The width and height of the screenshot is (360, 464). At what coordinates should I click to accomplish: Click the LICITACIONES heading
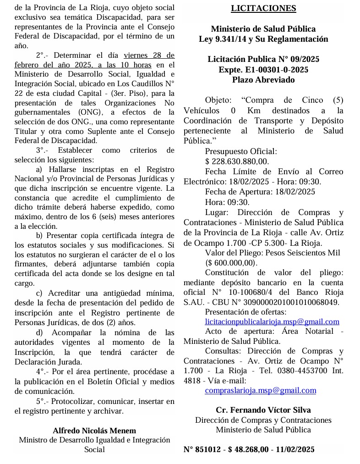click(x=263, y=8)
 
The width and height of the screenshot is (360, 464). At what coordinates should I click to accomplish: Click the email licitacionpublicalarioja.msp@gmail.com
click(x=272, y=321)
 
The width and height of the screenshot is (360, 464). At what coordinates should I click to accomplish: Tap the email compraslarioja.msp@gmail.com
click(x=261, y=390)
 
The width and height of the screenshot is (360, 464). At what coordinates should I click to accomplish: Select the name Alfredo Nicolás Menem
click(x=94, y=431)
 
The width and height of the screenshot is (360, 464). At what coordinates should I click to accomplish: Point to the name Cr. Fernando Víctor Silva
click(x=263, y=410)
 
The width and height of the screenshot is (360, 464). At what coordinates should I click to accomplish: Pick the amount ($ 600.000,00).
click(x=231, y=263)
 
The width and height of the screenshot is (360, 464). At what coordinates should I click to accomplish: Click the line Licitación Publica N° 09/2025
click(x=263, y=60)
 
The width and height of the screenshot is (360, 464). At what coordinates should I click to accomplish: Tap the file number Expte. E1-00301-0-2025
click(x=263, y=70)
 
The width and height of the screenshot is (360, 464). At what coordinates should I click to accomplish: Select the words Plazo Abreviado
click(x=263, y=80)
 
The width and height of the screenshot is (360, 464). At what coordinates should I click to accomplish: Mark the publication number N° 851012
click(x=202, y=449)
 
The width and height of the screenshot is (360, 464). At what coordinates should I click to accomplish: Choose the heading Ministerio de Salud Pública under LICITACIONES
click(x=263, y=29)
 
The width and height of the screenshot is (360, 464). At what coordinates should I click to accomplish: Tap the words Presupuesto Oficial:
click(x=241, y=151)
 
